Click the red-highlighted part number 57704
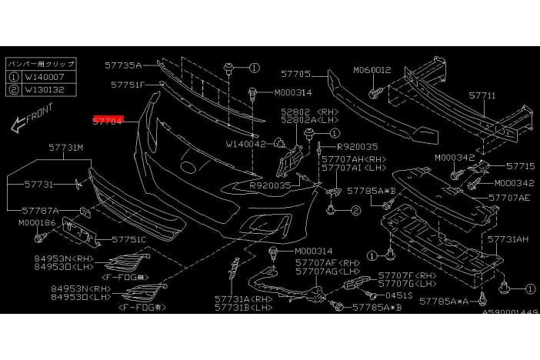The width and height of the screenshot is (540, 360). pos(108,121)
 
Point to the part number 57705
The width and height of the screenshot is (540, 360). pos(295,75)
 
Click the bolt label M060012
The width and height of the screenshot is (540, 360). pos(372,70)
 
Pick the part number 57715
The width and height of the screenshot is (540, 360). pos(520,165)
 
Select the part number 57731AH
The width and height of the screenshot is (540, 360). pos(511,240)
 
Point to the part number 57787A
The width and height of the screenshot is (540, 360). pos(40,209)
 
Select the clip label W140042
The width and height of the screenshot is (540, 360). pos(246,143)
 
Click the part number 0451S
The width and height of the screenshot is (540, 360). pos(399,294)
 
